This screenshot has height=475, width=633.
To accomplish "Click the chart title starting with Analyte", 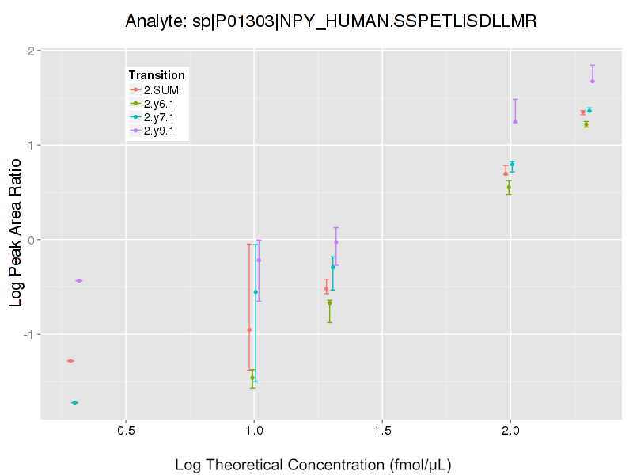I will coord(332,21).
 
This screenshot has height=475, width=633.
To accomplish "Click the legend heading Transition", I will coord(157,75).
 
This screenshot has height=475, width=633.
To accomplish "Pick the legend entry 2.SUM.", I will coord(162,90).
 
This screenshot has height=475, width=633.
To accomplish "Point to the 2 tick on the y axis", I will coord(32,51).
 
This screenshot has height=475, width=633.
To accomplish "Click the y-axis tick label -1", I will coord(29,333).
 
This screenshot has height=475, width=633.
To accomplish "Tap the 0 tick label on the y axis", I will coord(32,239).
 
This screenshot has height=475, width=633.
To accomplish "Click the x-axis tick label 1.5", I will coord(382,432).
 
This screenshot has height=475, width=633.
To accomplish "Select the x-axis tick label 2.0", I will coord(510,432).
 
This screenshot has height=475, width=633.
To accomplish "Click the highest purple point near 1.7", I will coord(593,81).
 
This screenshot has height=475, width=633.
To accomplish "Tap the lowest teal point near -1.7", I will coord(75,402).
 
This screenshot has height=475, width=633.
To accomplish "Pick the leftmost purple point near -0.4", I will coord(78,280).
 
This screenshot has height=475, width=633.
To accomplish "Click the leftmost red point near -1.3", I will coord(70,361).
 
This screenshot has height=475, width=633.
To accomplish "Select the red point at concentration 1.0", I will coord(249,329).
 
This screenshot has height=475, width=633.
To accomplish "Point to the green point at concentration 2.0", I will coord(509,187).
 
